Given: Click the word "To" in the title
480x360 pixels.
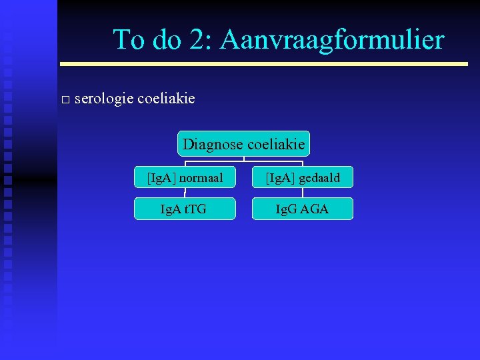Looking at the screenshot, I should [128, 40].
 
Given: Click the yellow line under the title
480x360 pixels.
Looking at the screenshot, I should [264, 64].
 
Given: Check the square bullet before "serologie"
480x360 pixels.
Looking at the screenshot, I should [65, 100].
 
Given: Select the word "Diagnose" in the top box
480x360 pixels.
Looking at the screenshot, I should [213, 144].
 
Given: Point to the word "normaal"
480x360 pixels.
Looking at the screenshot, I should [201, 178].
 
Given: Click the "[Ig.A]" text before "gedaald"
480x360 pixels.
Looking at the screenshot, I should [280, 178].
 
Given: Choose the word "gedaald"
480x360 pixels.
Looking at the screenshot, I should [319, 178].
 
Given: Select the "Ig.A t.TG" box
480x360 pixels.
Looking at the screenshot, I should [185, 209].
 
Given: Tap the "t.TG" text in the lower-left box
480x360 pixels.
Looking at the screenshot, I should [195, 209].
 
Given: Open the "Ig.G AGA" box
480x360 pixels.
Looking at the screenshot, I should [302, 209].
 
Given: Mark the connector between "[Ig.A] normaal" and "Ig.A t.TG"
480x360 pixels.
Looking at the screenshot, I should [185, 193].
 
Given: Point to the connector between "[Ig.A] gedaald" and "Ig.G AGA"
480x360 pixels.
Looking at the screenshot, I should [302, 193].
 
